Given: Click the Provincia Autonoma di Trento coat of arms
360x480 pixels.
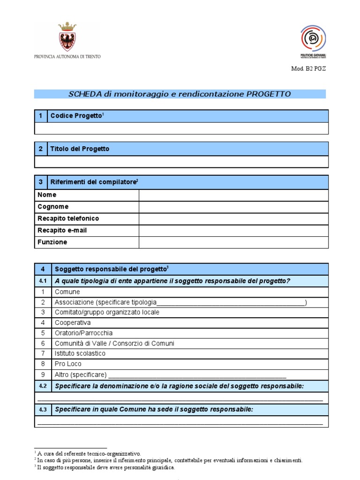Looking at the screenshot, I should pyautogui.click(x=67, y=37).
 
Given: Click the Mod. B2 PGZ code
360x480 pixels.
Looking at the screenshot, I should pyautogui.click(x=308, y=68).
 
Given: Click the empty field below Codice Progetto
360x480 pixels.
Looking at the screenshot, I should pyautogui.click(x=181, y=128).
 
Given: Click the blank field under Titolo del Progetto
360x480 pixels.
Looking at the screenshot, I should pyautogui.click(x=181, y=162).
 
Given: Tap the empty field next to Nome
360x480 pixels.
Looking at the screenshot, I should pyautogui.click(x=233, y=195).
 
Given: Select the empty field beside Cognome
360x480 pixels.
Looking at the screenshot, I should pyautogui.click(x=233, y=207).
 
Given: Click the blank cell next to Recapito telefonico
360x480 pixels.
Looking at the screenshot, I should pyautogui.click(x=233, y=218).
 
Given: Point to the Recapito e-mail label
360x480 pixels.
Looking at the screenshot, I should pyautogui.click(x=62, y=231).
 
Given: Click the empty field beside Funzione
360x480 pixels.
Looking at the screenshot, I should pyautogui.click(x=233, y=242).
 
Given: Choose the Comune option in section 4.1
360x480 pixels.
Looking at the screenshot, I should pyautogui.click(x=67, y=292).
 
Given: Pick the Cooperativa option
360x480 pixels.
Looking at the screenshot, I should pyautogui.click(x=73, y=323).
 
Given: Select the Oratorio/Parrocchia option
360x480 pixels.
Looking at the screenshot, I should pyautogui.click(x=83, y=333).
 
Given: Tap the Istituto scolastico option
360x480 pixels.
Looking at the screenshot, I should pyautogui.click(x=80, y=353).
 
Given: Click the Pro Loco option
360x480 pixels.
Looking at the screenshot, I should pyautogui.click(x=68, y=364).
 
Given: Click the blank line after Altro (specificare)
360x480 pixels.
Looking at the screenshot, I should pyautogui.click(x=197, y=375).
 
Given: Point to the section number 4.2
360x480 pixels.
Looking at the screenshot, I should pyautogui.click(x=43, y=386).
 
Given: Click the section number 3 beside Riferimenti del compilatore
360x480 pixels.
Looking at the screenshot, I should pyautogui.click(x=41, y=182).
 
